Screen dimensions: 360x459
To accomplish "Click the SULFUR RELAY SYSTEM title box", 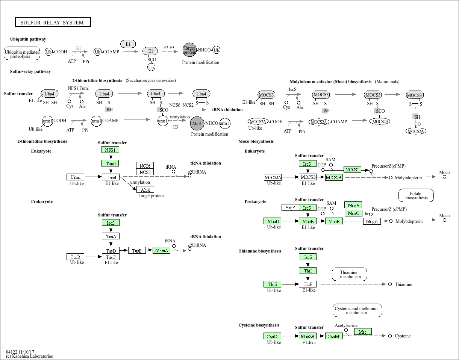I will [53, 23].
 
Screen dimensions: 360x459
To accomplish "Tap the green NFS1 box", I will [110, 150].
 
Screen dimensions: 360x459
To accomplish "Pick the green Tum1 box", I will [110, 163].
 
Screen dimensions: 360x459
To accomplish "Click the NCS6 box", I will [145, 166].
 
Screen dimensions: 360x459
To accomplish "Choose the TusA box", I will [111, 236].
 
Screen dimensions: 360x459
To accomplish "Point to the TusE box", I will [137, 251].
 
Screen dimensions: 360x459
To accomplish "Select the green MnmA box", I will [162, 251].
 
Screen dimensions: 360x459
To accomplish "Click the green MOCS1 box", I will [352, 170].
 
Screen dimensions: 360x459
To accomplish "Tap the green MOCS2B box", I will [334, 177].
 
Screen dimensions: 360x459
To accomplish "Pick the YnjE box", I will [290, 207].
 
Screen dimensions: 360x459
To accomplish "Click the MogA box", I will [372, 222].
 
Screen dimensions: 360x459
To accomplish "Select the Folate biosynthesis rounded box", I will [416, 195].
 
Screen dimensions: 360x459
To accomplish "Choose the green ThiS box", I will [272, 284].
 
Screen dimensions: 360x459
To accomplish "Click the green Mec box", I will [363, 332].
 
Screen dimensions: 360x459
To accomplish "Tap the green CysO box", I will [272, 336].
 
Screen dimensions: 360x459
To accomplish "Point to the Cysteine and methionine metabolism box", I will [358, 310].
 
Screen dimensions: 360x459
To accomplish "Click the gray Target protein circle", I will [189, 50].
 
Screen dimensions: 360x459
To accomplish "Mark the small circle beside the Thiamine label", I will [390, 284].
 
